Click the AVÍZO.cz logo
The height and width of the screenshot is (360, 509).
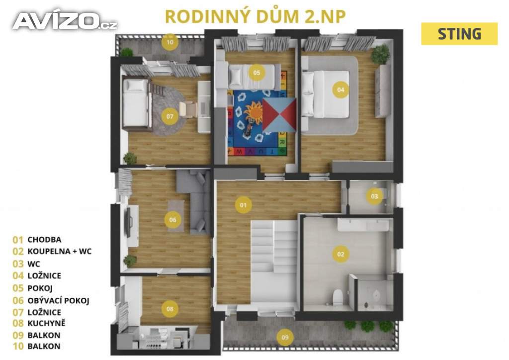tap(65, 21)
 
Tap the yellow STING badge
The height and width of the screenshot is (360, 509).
tap(459, 34)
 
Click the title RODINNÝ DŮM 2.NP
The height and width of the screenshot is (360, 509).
tap(255, 15)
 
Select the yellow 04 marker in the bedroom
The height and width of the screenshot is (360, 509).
tap(340, 90)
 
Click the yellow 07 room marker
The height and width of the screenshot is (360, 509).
tap(170, 117)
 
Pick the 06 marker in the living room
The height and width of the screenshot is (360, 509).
tap(172, 219)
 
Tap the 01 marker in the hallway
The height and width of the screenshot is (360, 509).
tap(243, 204)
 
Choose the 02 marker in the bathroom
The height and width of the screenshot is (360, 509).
tap(340, 254)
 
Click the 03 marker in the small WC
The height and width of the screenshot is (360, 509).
tap(374, 196)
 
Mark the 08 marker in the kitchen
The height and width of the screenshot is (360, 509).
tap(170, 309)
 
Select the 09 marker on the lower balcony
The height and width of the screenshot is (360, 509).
tap(285, 338)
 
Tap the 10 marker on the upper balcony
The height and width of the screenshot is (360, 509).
tap(170, 42)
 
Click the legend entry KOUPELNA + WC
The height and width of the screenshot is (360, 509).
tap(60, 252)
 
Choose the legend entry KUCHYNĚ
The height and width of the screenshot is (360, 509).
tap(47, 324)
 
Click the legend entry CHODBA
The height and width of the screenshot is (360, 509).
tap(45, 240)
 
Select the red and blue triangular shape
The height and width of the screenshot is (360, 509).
tap(279, 115)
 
